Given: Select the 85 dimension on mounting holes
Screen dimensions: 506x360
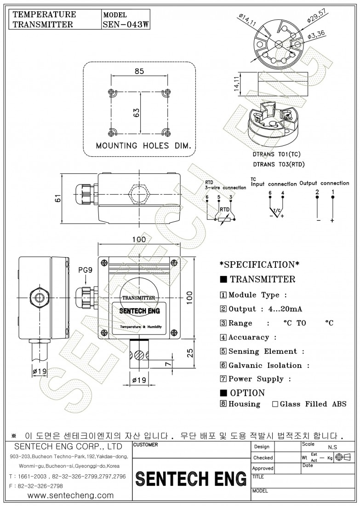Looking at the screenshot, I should (139, 71).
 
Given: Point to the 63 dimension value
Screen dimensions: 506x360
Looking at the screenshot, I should (136, 113).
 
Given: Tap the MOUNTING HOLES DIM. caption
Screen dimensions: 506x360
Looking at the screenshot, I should (143, 146).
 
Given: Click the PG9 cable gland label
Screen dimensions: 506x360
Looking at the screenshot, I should (85, 270).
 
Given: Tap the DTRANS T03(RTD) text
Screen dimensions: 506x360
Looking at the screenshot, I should (279, 164).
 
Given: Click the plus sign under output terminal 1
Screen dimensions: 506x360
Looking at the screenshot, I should (332, 221).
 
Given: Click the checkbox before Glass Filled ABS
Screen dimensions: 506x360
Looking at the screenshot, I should (275, 404).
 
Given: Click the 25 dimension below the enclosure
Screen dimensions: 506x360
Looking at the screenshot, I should (189, 353).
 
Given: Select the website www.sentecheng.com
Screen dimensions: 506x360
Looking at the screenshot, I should (70, 495).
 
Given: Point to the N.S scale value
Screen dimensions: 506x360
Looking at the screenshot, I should (332, 447).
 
